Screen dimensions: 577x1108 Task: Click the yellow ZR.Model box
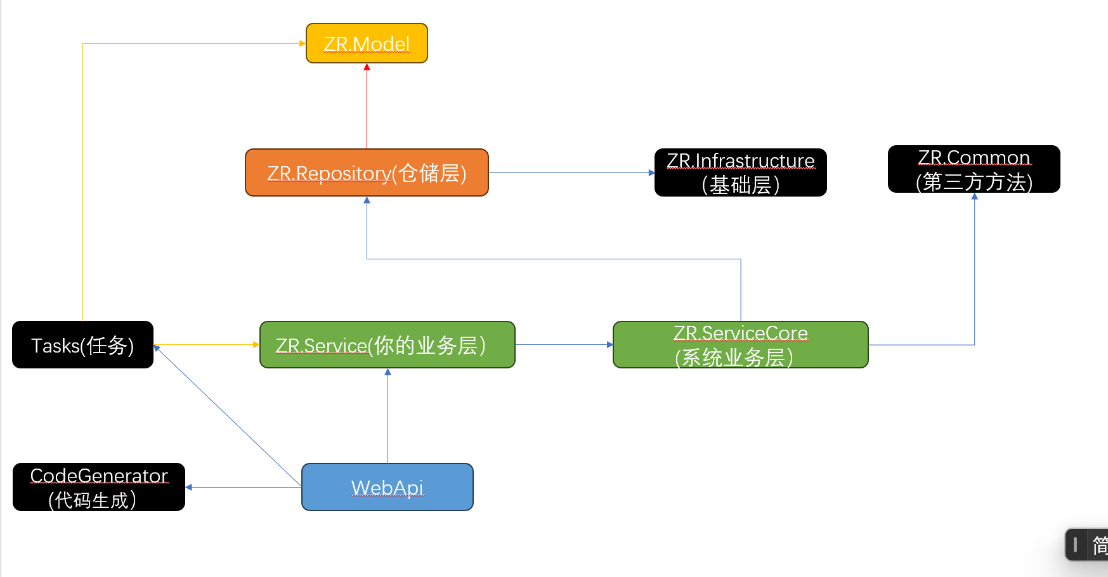tap(367, 43)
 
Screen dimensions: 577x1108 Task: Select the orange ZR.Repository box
tap(367, 172)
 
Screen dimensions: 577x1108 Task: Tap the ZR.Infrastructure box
tap(740, 172)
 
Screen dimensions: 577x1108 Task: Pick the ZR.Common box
tap(974, 169)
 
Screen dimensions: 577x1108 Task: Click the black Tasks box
tap(82, 345)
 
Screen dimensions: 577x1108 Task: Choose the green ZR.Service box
tap(387, 345)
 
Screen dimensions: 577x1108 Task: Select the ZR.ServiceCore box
tap(740, 345)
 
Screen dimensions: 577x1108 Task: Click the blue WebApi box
tap(387, 487)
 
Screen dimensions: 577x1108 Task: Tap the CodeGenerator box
tap(99, 487)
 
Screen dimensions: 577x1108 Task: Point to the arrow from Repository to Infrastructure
tap(571, 172)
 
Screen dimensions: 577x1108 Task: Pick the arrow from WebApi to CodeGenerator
tap(244, 487)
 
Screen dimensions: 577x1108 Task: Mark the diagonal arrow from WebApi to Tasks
tap(228, 416)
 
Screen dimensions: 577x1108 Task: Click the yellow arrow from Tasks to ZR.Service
tap(206, 345)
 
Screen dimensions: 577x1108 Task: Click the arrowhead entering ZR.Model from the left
tap(303, 44)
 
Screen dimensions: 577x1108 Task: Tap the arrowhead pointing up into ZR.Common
tap(974, 197)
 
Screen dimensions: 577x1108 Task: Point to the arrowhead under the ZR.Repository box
tap(367, 200)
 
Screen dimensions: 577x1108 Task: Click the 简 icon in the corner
tap(1099, 545)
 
